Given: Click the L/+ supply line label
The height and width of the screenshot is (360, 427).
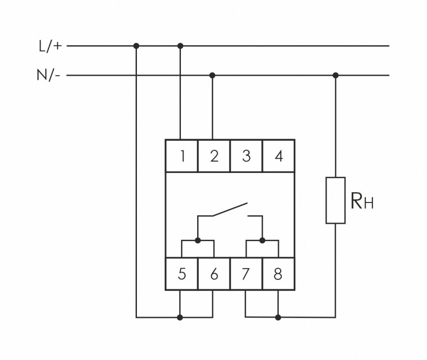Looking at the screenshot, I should tap(50, 46).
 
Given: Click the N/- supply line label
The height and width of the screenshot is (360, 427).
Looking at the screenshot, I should tap(48, 75).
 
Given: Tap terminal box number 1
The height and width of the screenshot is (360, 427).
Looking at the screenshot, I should tap(181, 156).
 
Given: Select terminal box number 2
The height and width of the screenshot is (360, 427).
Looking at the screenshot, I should tap(214, 156).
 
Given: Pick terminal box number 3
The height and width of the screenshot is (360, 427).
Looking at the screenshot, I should tap(246, 156).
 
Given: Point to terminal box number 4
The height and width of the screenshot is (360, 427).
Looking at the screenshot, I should tap(278, 156).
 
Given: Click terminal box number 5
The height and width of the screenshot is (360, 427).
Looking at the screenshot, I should tap(181, 274).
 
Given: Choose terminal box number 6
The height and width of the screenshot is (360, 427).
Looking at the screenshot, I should tap(214, 274).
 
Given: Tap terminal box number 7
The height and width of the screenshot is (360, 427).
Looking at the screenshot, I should tap(246, 274).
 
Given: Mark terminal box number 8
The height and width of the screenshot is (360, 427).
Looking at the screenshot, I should tap(278, 274).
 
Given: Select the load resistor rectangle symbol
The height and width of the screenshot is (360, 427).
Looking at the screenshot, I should tap(335, 200).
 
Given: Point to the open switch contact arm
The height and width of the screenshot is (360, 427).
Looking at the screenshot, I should tap(230, 209).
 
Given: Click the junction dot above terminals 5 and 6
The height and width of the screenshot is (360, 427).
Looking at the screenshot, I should tap(198, 240).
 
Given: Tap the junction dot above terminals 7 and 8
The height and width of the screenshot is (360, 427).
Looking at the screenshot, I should tap(262, 240).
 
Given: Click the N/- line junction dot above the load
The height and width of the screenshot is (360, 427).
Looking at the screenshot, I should tap(335, 75).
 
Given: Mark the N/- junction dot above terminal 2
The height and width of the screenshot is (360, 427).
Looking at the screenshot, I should tap(212, 75).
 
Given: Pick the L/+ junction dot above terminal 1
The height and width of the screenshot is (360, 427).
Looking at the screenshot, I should tap(180, 46).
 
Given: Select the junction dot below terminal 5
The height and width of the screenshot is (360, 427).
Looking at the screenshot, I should tap(180, 317).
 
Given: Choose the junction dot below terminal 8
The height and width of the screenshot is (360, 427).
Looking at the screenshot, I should tap(278, 317).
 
